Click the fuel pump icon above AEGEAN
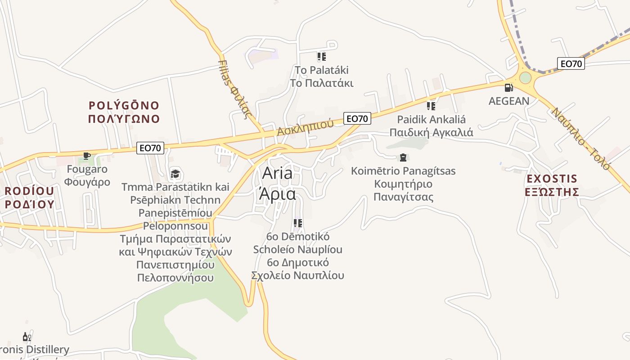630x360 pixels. (x=508, y=88)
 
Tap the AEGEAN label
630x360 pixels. (x=509, y=101)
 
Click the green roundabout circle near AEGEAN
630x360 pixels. (x=525, y=78)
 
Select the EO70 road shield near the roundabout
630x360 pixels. (x=571, y=64)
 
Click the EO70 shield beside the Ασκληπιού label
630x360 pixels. (x=357, y=119)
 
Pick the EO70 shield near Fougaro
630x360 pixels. (x=150, y=148)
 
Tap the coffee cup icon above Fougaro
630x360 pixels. (x=86, y=156)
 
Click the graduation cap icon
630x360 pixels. (x=175, y=174)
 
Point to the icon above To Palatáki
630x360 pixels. (x=321, y=57)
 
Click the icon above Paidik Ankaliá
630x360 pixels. (x=431, y=106)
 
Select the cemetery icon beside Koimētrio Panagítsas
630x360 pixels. (x=403, y=157)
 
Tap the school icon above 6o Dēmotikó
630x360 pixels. (x=297, y=223)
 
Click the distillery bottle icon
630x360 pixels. (x=26, y=337)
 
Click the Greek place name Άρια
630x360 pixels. (x=277, y=194)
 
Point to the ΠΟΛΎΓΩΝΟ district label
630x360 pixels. (x=124, y=119)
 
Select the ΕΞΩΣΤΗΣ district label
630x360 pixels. (x=552, y=192)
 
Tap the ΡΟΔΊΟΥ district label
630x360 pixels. (x=30, y=204)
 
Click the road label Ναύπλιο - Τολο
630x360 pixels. (x=580, y=138)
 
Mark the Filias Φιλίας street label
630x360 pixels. (x=234, y=89)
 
